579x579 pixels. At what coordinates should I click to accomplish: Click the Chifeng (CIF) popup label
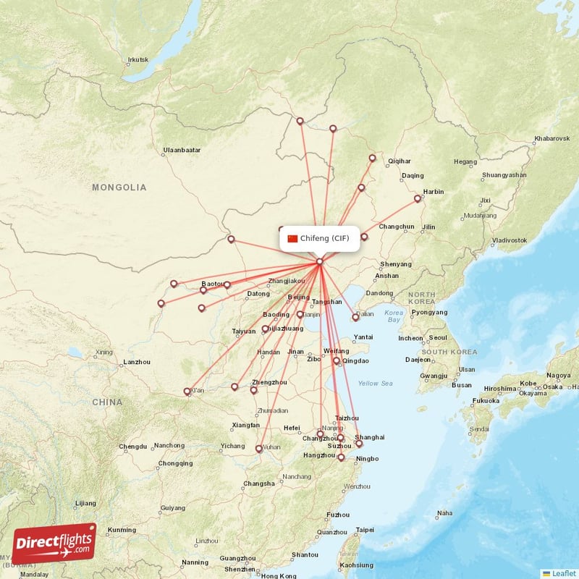tap(325, 238)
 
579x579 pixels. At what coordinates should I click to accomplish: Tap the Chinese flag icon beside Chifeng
tap(292, 238)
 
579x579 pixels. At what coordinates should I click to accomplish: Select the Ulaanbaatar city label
tap(182, 151)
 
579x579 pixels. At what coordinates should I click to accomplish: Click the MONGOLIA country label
tap(119, 187)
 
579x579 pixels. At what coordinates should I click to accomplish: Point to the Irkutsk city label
tap(138, 59)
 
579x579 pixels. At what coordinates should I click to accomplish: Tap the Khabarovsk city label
tap(552, 138)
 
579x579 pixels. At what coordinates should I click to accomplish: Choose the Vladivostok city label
tap(510, 240)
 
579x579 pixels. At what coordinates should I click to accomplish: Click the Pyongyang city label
tap(429, 313)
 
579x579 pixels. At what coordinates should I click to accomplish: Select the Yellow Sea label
tap(375, 383)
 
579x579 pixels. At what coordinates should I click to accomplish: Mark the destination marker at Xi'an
tap(187, 392)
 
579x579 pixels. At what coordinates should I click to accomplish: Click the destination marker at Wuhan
tap(258, 449)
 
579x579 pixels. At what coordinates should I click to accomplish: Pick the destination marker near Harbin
tap(418, 198)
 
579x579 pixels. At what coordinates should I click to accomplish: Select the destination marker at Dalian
tap(355, 317)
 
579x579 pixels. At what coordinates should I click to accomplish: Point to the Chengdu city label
tap(133, 447)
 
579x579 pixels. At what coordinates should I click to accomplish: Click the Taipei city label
tap(363, 530)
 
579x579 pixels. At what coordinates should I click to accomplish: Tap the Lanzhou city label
tap(136, 361)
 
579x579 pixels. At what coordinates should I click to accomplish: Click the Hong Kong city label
tap(278, 576)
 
